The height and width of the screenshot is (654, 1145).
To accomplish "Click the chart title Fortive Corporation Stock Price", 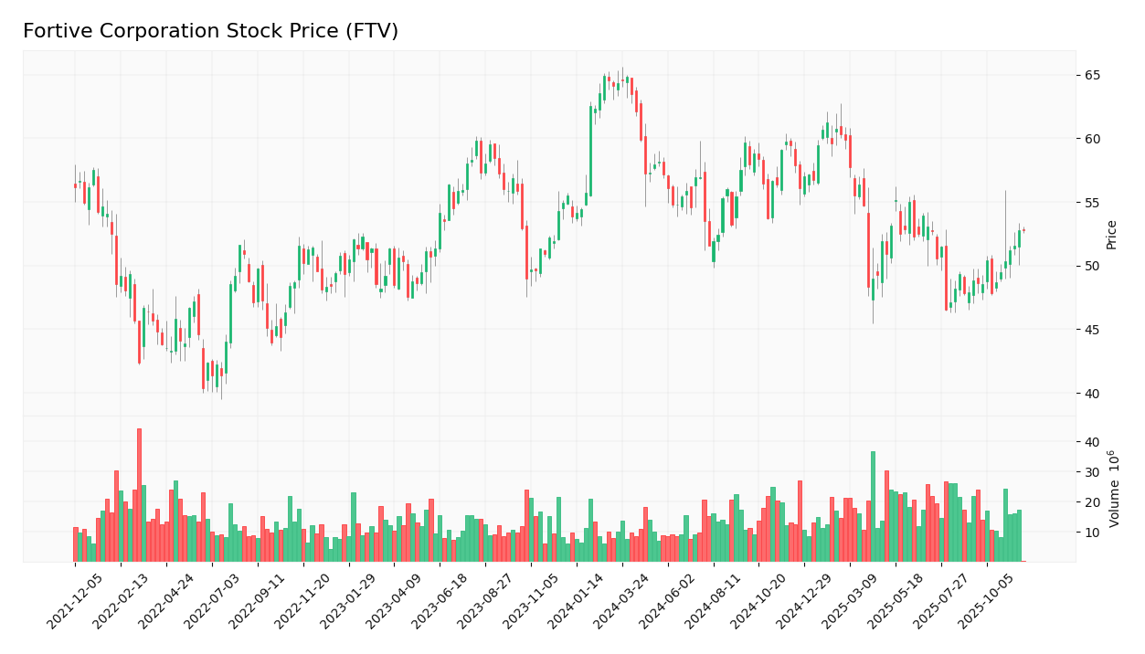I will (x=210, y=32).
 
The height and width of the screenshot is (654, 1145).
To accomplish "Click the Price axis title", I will (x=1112, y=234).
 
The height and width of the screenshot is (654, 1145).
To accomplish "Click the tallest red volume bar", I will (x=139, y=495).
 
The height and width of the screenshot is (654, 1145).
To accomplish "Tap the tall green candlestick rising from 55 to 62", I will (x=590, y=152).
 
